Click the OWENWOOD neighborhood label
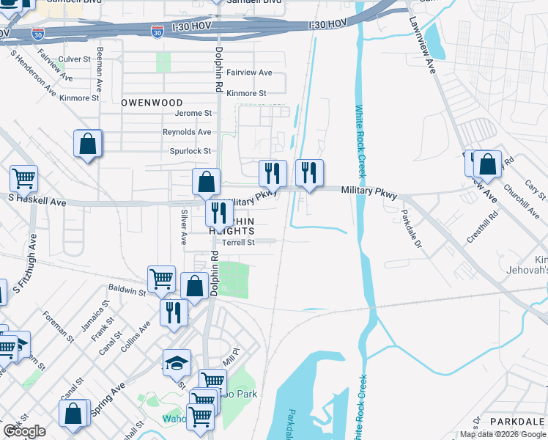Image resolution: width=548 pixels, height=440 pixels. click(152, 103)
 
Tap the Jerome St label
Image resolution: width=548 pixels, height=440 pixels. click(193, 114)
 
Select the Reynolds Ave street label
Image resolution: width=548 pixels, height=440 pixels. click(187, 132)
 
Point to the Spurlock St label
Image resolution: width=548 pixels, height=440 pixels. click(191, 151)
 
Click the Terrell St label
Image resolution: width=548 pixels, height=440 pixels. click(238, 242)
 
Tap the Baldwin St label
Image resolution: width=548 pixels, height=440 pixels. click(127, 291)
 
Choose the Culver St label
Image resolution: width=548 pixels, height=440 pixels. click(75, 59)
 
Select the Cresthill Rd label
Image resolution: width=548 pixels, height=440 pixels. click(483, 227)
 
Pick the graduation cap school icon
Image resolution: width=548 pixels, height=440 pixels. click(177, 362)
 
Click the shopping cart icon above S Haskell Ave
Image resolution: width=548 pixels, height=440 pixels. click(23, 177)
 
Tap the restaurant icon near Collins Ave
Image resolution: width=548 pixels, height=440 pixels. click(174, 311)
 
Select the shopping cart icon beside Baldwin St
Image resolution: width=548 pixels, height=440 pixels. click(161, 278)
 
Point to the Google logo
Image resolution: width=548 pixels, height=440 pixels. click(24, 431)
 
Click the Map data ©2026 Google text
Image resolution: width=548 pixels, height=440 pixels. click(503, 434)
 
